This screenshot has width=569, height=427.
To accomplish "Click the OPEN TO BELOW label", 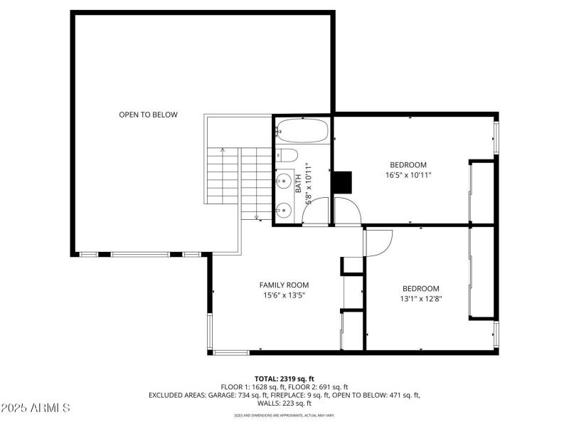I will coord(148,115).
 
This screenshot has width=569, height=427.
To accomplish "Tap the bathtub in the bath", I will coord(302,131).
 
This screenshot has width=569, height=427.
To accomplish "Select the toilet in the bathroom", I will coord(287,156).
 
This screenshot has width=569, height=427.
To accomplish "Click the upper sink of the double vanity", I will coord(283,180).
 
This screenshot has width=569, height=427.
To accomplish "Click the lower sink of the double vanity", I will coord(283,209).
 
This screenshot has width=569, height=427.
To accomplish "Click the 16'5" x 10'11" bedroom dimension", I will coord(408,175).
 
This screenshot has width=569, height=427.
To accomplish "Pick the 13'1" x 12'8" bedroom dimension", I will coord(421,298).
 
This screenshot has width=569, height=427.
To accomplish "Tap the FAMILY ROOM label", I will coord(284,285).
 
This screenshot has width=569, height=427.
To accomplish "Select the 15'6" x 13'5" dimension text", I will coord(284,295).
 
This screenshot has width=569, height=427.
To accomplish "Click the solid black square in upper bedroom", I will coord(343,182).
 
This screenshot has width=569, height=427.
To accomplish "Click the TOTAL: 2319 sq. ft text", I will coord(284,379).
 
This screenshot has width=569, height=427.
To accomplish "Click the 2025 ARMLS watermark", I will coord(36,408).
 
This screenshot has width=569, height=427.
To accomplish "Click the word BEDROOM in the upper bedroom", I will coord(408,165).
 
